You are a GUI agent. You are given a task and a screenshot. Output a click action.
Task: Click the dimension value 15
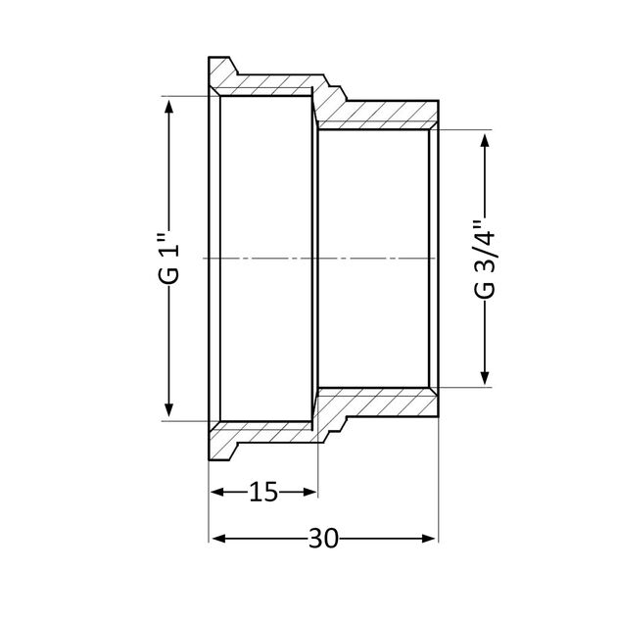(x=262, y=493)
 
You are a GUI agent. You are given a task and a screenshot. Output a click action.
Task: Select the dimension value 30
(x=322, y=539)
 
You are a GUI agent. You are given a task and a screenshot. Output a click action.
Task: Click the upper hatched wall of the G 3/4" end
(x=382, y=115)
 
